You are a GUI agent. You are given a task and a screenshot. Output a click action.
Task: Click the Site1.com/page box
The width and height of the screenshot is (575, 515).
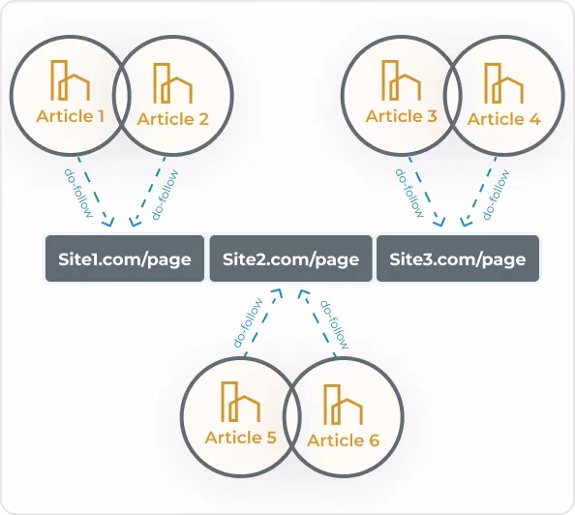pos(125,258)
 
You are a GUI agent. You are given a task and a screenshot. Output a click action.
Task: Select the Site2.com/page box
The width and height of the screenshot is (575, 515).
pos(290,258)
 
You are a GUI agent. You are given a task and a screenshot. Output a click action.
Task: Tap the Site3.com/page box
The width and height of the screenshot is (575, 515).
pos(458,258)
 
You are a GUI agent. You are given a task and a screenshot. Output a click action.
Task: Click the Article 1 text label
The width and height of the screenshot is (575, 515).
pos(70,116)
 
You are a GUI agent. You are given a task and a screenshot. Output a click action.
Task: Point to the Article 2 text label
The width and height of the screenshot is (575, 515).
pos(172,119)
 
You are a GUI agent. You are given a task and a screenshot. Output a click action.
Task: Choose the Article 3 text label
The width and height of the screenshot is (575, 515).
pos(401,116)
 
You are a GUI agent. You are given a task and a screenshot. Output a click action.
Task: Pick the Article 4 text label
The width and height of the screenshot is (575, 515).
pos(504,119)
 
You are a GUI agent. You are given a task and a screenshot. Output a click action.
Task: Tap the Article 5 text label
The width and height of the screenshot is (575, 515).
pos(241,438)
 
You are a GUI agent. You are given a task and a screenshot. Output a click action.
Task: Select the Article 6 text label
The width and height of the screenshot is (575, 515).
pos(344,440)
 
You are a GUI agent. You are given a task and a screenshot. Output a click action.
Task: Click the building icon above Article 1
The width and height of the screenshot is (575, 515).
pos(70,80)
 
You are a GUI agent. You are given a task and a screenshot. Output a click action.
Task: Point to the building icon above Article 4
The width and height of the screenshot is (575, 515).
pos(504,83)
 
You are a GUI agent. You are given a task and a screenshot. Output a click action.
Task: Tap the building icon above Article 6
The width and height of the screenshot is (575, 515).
pos(344,405)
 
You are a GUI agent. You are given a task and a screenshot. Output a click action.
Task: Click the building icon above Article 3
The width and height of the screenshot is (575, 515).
pos(401,80)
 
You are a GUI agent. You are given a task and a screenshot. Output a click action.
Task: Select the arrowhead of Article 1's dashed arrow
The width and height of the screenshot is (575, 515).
pos(108,222)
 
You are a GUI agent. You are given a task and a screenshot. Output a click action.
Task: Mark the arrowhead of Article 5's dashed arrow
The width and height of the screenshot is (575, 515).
pos(277,293)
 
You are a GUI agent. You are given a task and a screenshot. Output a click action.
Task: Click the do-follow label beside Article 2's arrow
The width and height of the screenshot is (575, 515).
pos(165,195)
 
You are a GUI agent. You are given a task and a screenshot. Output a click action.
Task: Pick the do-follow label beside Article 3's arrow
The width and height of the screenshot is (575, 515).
pos(409,194)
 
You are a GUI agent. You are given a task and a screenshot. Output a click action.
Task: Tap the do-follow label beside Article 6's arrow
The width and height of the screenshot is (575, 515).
pos(334,324)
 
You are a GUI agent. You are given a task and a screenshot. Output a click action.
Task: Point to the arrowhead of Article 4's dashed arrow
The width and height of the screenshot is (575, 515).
pos(466,222)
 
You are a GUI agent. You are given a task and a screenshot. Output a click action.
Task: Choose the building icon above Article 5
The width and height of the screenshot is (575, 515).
pos(241,402)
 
